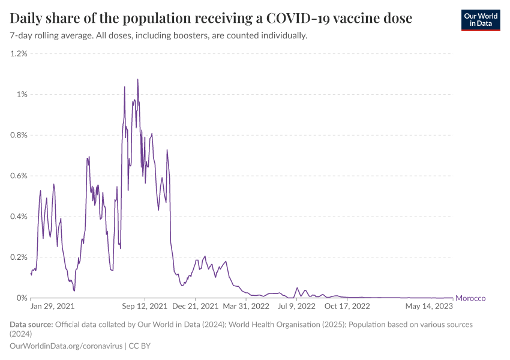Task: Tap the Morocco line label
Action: tap(470, 298)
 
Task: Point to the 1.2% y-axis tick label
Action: tap(19, 53)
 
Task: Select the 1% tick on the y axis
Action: tap(22, 94)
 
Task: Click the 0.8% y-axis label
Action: tap(19, 135)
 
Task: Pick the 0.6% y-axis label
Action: tap(19, 176)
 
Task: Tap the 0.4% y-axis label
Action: tap(19, 217)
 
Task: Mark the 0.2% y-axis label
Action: tap(19, 257)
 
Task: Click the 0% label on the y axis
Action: tap(22, 298)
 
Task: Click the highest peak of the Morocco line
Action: tap(137, 79)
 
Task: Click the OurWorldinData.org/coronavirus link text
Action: tap(66, 346)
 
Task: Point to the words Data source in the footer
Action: tap(31, 325)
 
